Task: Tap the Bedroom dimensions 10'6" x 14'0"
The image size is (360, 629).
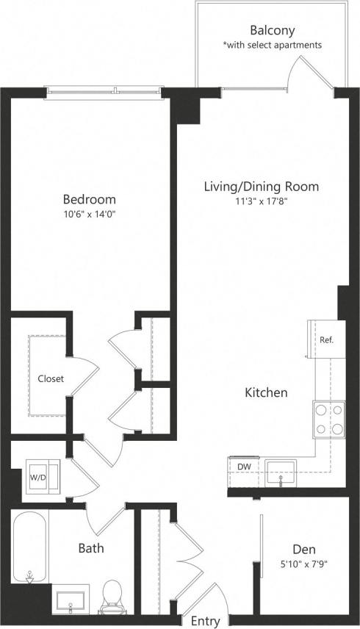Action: (x=89, y=215)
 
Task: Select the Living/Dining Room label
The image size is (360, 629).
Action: (x=261, y=187)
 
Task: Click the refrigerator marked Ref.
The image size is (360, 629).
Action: (x=326, y=340)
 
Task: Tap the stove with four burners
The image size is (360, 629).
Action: (x=328, y=419)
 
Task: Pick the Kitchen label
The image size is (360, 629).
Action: (x=265, y=393)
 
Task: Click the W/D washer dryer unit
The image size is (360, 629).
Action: (x=37, y=476)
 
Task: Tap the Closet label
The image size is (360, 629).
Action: (x=51, y=379)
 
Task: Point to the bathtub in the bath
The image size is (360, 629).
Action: (x=30, y=547)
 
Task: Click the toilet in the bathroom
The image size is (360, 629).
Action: (x=112, y=595)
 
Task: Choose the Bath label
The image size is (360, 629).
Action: (x=91, y=548)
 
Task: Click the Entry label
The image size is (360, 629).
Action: (x=205, y=621)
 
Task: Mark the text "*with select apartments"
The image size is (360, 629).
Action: (x=272, y=46)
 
